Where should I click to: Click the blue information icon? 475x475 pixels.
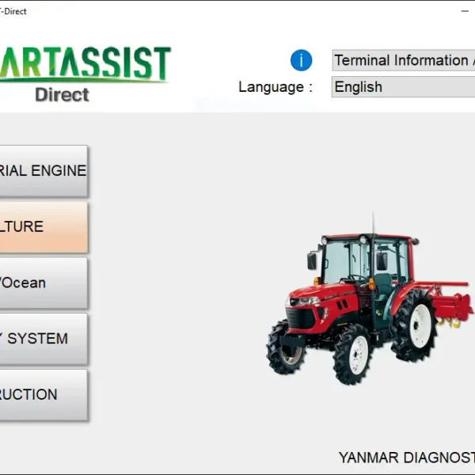coord(302,60)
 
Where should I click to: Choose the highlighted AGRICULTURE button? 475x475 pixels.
coord(43,226)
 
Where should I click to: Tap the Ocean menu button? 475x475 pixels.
coord(43,283)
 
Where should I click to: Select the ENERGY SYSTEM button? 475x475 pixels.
coord(43,339)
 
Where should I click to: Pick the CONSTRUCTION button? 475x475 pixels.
coord(43,394)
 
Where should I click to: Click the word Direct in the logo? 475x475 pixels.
coord(62,94)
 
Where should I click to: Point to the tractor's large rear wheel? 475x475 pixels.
coord(414,324)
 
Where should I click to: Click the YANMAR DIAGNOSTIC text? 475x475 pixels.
coord(406,458)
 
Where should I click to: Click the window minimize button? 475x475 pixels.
coord(464,11)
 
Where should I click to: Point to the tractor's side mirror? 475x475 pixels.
coord(312,260)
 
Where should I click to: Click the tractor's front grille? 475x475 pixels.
coord(302,319)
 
